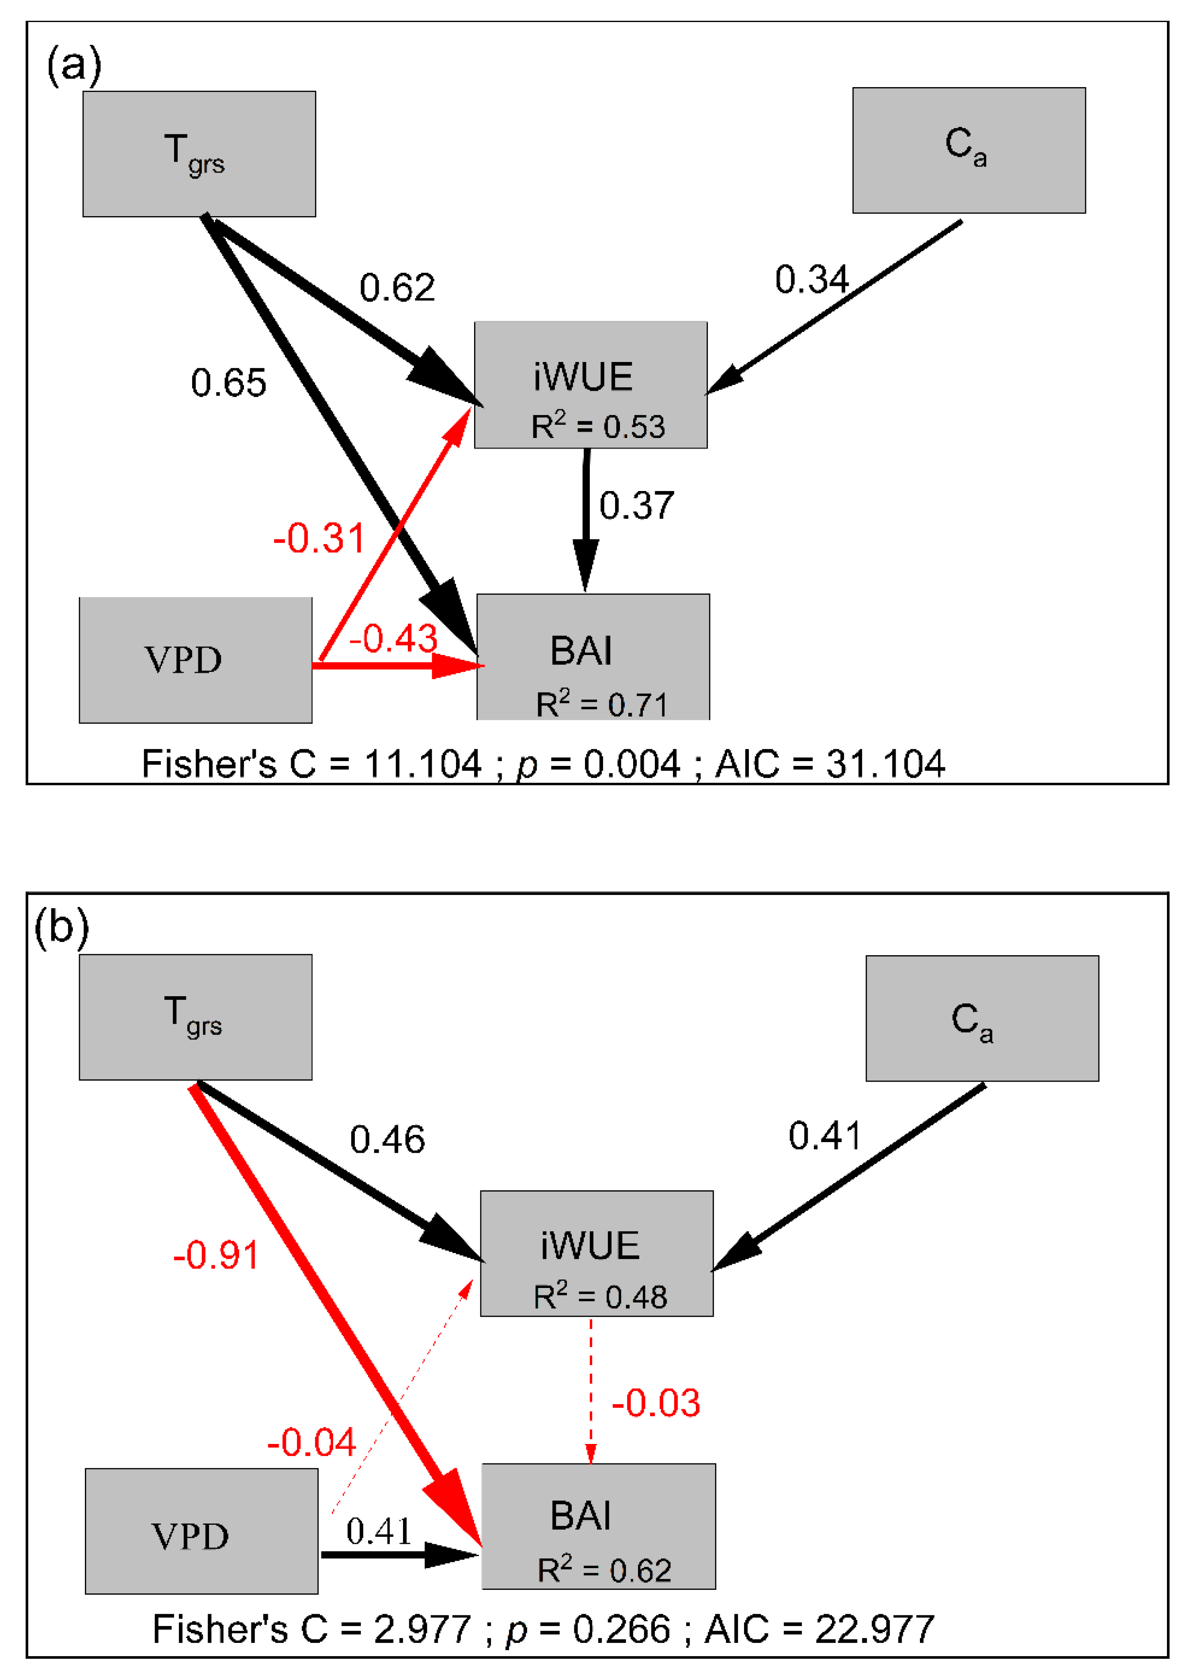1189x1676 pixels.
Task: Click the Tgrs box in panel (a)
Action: (199, 154)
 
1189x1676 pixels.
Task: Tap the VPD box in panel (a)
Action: (195, 660)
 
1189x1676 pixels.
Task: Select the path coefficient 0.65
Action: (228, 383)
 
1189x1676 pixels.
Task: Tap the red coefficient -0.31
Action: (319, 538)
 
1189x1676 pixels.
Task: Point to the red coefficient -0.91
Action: (216, 1255)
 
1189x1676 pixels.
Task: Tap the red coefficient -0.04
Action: (311, 1443)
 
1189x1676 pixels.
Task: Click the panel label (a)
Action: (74, 65)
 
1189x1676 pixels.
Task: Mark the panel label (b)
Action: (61, 927)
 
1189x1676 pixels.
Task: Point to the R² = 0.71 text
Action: (602, 705)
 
